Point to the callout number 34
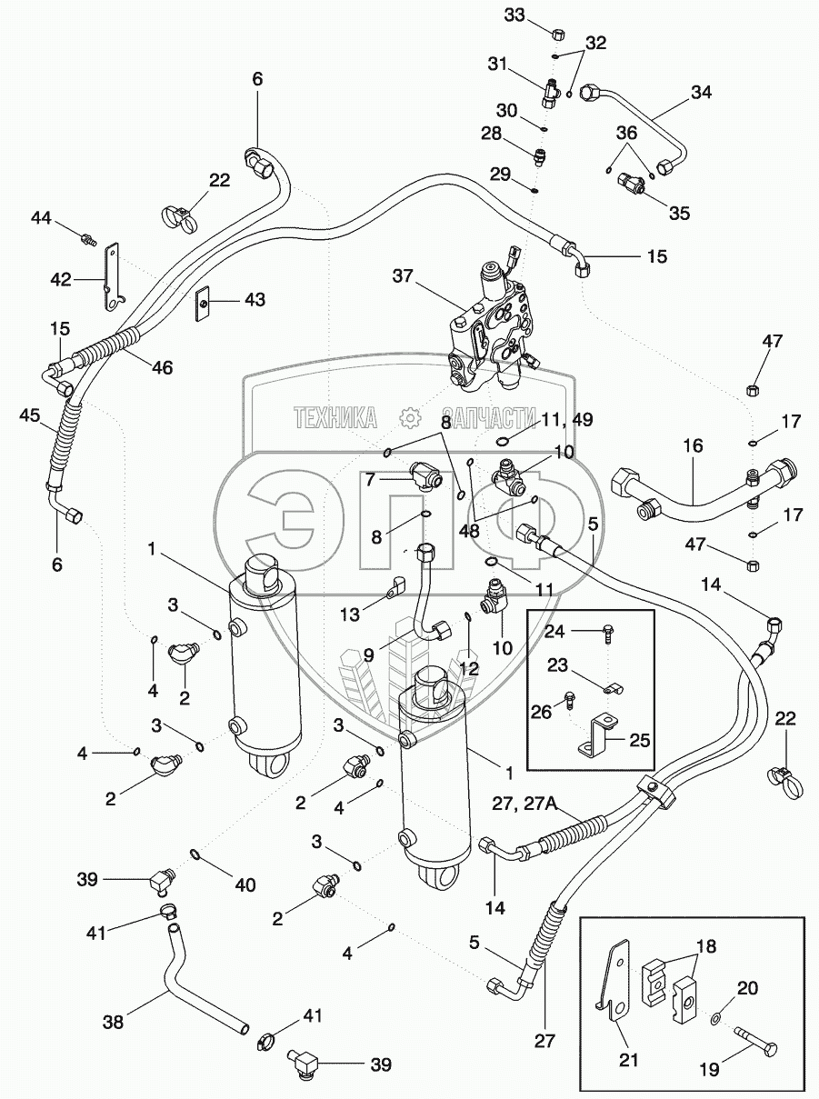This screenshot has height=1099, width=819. tap(701, 92)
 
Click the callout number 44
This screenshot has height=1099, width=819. tap(41, 218)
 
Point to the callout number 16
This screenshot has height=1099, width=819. tap(694, 446)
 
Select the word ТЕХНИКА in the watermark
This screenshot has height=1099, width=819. tap(335, 417)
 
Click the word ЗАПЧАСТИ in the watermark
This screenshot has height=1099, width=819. tap(490, 417)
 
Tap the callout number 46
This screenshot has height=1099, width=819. tap(162, 368)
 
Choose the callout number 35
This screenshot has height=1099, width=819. tap(679, 214)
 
